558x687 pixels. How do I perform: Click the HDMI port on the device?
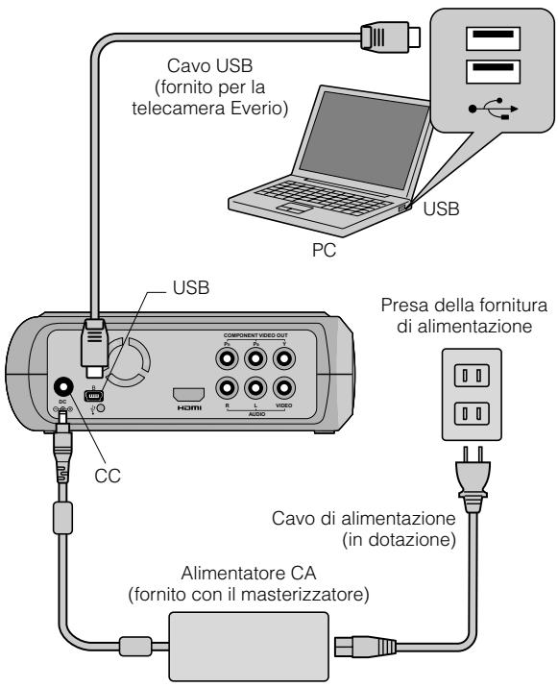[x=188, y=393]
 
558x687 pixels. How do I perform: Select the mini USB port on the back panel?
[x=93, y=395]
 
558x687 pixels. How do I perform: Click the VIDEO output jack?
[x=282, y=389]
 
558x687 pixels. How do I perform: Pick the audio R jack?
[x=227, y=389]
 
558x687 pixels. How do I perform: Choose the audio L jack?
[x=255, y=389]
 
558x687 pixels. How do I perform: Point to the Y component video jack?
[x=282, y=358]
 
